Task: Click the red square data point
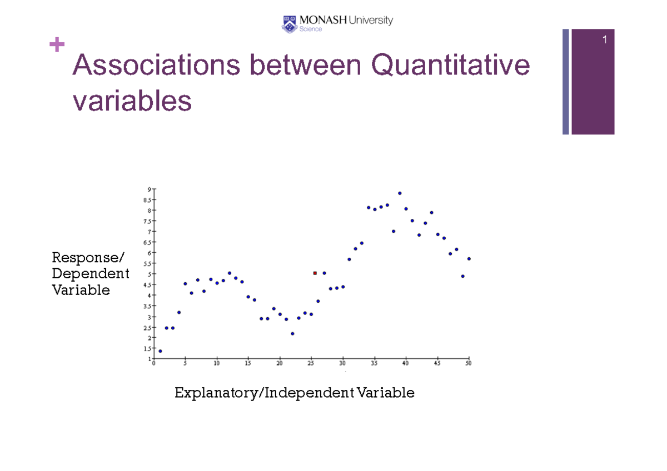tap(315, 273)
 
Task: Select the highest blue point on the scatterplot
tap(400, 193)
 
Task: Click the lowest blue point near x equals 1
tap(160, 351)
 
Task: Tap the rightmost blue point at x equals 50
tap(469, 259)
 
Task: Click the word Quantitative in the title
tap(450, 67)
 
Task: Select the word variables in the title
tap(132, 102)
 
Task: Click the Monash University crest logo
tap(290, 24)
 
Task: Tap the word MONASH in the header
tap(323, 21)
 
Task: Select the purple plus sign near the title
tap(57, 44)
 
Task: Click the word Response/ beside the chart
tap(89, 258)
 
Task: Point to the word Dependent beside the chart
tap(90, 274)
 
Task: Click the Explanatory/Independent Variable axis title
tap(295, 393)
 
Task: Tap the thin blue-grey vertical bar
tap(565, 82)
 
